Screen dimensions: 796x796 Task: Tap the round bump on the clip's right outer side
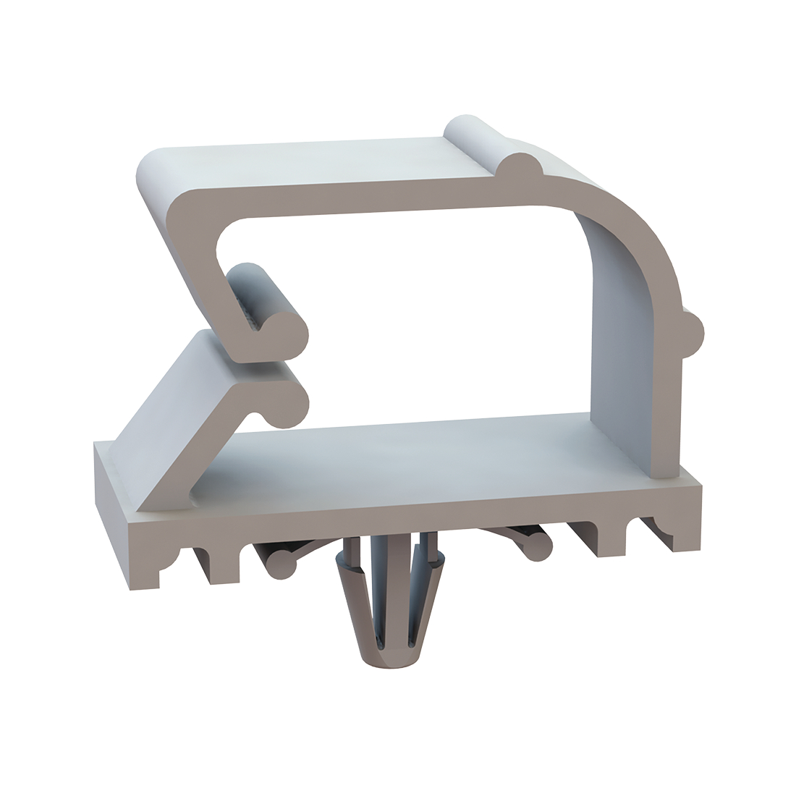pyautogui.click(x=693, y=335)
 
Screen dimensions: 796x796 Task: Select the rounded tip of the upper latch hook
pyautogui.click(x=286, y=334)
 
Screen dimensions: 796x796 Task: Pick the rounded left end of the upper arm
pyautogui.click(x=152, y=170)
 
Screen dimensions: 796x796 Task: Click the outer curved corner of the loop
pyautogui.click(x=637, y=232)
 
